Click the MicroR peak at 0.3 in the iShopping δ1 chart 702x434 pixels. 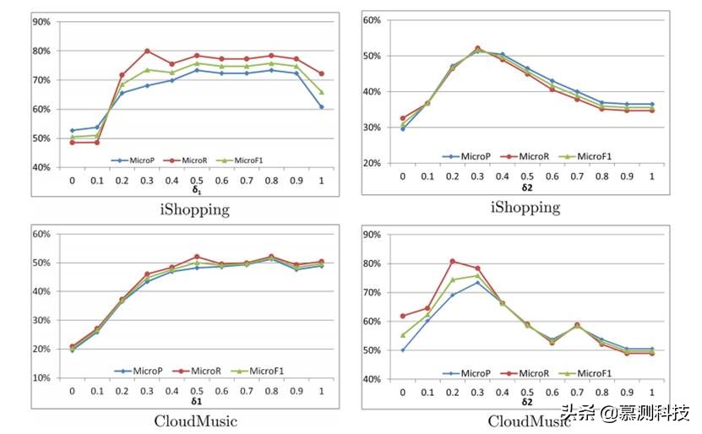[x=147, y=51]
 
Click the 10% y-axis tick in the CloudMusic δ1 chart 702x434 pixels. [x=41, y=377]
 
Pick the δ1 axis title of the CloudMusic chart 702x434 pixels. [x=196, y=401]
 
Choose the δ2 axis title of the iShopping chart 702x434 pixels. [x=526, y=186]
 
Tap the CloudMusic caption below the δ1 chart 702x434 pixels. [x=196, y=420]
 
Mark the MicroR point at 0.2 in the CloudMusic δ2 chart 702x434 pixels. [x=452, y=261]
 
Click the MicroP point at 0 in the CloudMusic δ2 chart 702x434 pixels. [x=403, y=350]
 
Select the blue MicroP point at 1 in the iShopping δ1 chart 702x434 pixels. [x=321, y=107]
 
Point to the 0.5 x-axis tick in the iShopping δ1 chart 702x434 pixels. [x=196, y=180]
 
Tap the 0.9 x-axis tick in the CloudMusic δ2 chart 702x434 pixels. [x=626, y=392]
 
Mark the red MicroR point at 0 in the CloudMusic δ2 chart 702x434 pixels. [x=403, y=316]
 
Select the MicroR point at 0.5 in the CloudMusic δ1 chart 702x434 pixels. [x=196, y=257]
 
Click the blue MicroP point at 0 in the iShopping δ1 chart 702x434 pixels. [x=73, y=130]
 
